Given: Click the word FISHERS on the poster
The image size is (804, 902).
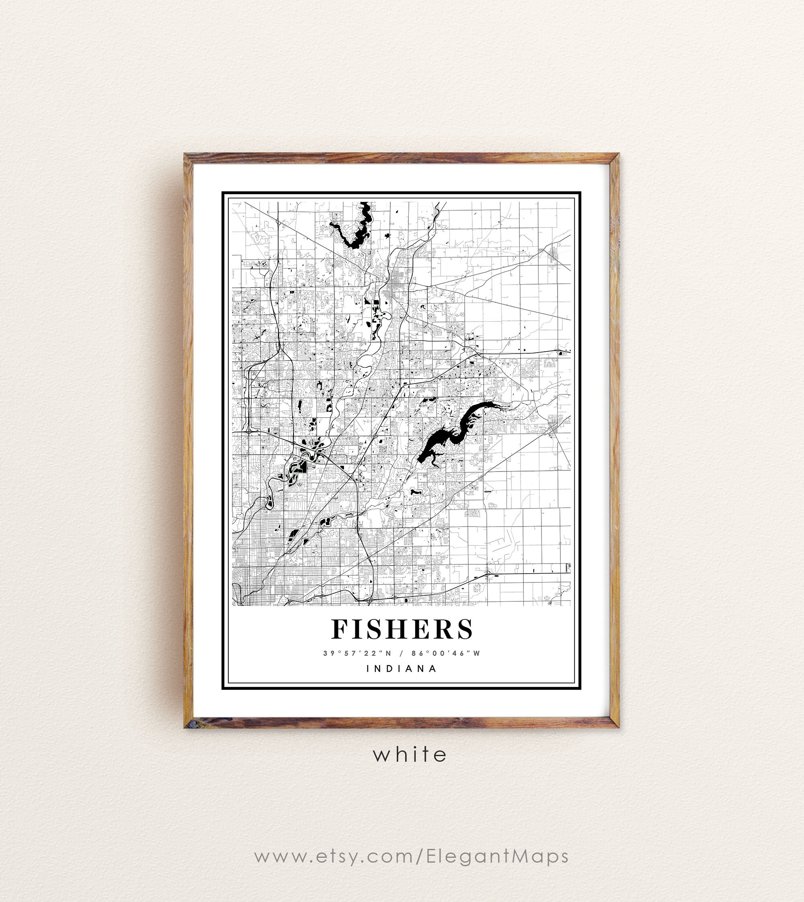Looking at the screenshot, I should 402,629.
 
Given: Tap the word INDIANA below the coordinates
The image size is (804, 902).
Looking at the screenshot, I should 402,668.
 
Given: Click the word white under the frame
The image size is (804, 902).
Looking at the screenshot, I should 410,755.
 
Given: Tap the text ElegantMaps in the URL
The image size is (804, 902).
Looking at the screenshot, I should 498,856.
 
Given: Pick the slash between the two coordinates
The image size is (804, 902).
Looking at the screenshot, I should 401,653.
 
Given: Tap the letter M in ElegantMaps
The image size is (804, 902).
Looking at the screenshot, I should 521,856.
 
